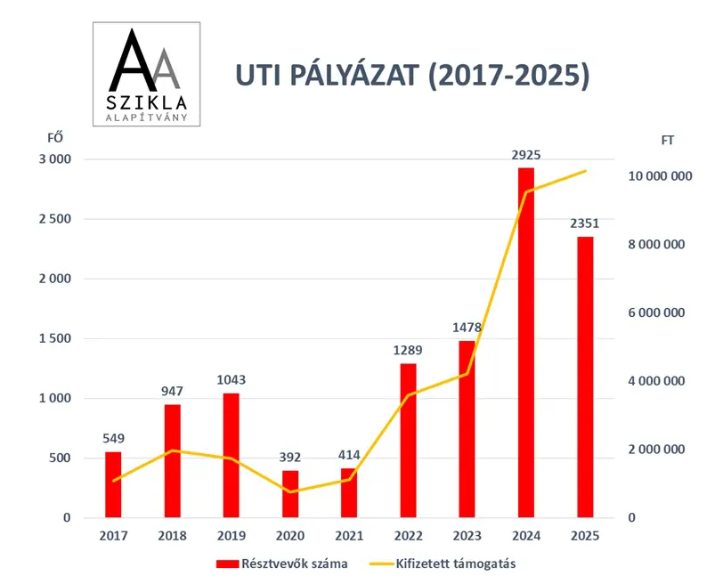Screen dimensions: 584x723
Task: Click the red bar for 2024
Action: [526, 342]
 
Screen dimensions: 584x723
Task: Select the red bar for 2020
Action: [290, 493]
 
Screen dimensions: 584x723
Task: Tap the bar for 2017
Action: [113, 484]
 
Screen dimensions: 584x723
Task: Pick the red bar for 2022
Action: [408, 440]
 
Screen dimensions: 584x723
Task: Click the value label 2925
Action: [526, 155]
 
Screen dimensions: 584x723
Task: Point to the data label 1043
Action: [232, 380]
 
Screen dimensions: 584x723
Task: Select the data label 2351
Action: [585, 223]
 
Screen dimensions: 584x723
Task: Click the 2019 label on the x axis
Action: [232, 536]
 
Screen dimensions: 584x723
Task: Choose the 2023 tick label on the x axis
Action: [467, 536]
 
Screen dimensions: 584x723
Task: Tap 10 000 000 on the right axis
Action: [660, 176]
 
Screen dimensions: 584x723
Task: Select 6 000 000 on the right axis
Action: [660, 312]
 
